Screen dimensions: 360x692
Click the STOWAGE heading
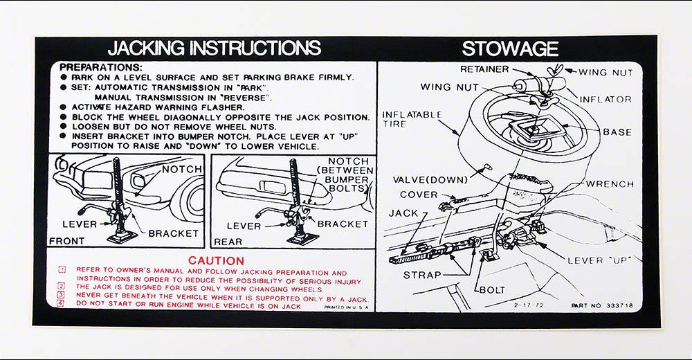510,48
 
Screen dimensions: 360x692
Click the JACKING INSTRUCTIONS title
215,48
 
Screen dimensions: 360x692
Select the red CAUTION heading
217,260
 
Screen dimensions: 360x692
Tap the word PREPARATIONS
101,67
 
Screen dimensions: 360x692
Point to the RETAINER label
484,69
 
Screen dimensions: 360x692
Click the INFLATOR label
605,100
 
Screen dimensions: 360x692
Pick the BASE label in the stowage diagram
617,132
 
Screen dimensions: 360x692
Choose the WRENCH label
610,184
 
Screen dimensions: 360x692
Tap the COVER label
419,195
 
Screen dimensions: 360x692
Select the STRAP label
422,275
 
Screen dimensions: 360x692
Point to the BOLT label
491,289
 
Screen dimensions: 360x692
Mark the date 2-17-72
529,305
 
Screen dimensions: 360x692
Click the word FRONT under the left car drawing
67,241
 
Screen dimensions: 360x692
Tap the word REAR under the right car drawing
228,242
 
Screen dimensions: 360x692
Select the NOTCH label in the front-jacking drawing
181,170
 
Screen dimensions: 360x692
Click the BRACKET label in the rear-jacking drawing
343,224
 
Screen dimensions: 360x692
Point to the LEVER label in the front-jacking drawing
80,224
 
